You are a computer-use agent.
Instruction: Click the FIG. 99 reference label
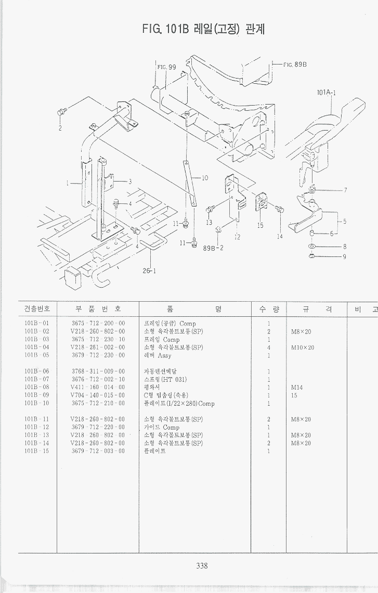pos(166,67)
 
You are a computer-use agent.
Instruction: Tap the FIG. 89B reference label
pos(295,65)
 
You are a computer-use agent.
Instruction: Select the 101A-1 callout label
pos(326,93)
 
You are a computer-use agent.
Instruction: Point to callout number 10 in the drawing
pos(205,178)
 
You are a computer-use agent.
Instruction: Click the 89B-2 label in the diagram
pos(213,248)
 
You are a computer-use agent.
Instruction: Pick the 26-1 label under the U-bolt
pos(150,270)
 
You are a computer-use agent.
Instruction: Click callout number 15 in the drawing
pos(260,225)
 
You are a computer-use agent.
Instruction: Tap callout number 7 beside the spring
pos(345,190)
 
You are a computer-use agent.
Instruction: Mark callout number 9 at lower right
pos(344,256)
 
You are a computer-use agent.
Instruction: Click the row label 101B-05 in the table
pos(36,355)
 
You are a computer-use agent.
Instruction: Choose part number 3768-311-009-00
pos(98,371)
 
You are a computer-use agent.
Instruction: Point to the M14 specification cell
pos(297,388)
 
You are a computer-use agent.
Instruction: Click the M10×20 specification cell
pos(303,347)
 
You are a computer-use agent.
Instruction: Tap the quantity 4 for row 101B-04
pos(268,347)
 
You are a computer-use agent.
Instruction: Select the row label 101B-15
pos(36,451)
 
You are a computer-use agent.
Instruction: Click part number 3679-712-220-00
pos(98,427)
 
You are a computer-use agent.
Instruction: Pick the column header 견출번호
pos(36,309)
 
